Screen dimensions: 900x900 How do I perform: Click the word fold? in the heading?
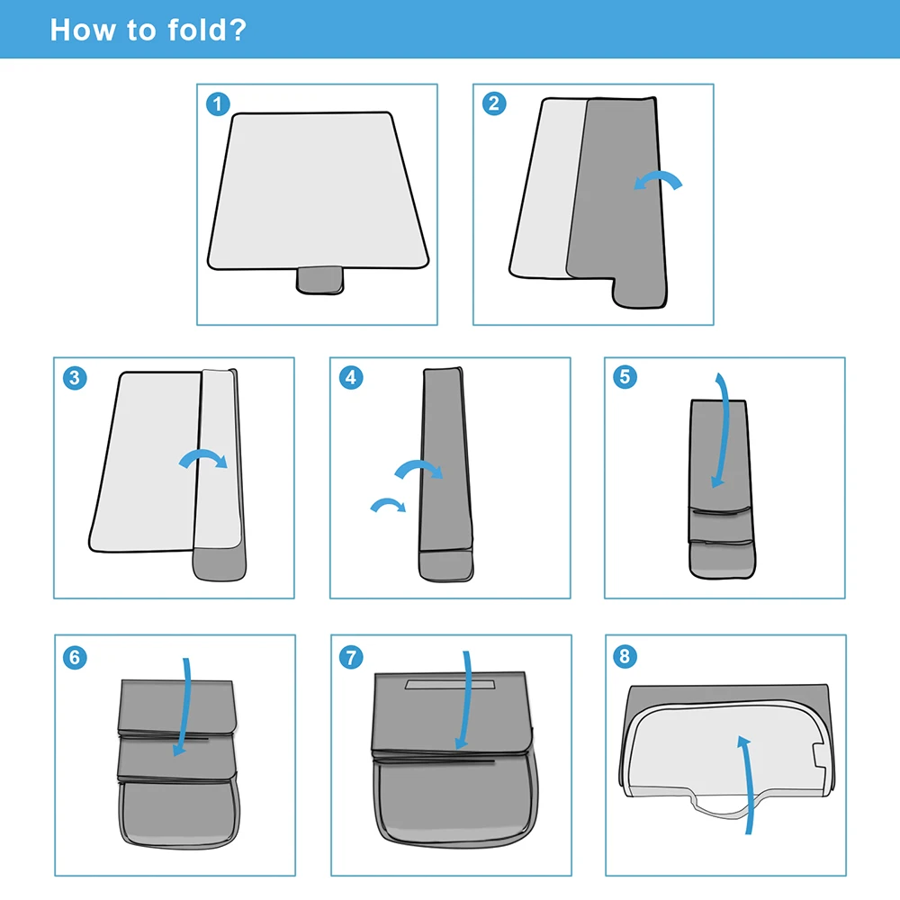point(207,30)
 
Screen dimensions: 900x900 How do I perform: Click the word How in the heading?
point(83,30)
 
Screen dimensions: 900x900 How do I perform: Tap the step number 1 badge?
point(218,104)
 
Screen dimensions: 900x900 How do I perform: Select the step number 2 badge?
point(494,103)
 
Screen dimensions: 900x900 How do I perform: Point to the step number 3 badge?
point(75,378)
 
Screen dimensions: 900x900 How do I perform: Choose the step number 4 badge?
point(351,378)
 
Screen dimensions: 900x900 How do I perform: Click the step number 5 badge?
point(625,377)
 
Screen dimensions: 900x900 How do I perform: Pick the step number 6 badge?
point(75,657)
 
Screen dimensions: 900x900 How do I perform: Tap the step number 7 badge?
point(351,657)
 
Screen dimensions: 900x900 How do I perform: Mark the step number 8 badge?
point(625,656)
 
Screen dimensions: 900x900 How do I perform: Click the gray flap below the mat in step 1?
point(320,280)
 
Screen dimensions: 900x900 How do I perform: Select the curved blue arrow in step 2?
point(658,178)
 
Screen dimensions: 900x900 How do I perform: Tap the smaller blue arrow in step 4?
point(388,503)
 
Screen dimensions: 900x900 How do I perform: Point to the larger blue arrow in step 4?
point(418,465)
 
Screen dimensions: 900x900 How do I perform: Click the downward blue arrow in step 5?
point(724,430)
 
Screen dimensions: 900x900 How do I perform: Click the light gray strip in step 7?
point(450,685)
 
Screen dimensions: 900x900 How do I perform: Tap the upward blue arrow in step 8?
point(747,785)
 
